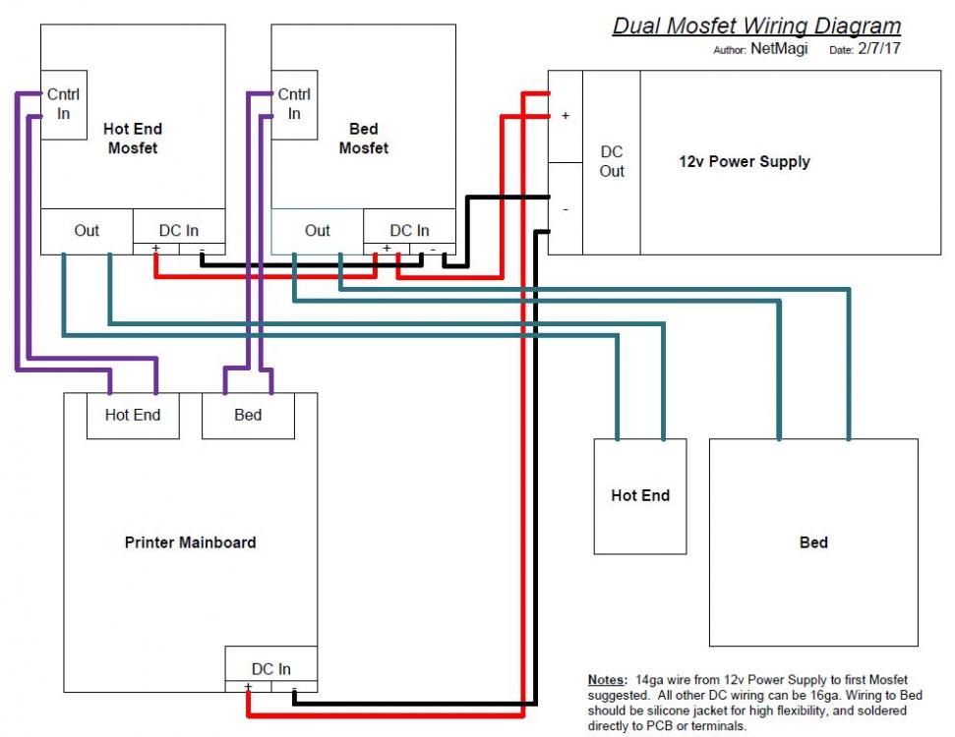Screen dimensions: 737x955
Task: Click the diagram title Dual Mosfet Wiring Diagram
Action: tap(756, 26)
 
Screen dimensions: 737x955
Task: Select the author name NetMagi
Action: tap(779, 49)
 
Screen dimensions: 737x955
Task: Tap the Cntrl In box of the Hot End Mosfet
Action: tap(64, 104)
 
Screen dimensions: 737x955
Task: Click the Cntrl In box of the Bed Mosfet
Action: tap(294, 104)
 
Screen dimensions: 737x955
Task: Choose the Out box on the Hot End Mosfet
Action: tap(87, 230)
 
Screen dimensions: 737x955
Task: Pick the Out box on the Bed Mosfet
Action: tap(317, 230)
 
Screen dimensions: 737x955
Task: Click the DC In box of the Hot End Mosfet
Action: tap(178, 230)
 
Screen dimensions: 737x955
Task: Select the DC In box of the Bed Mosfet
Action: tap(409, 230)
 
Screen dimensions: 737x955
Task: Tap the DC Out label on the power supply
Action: tap(612, 161)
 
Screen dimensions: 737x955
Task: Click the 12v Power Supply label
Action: tap(745, 161)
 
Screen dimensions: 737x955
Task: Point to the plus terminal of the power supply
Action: tap(565, 116)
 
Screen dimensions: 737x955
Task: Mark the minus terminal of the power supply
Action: tap(565, 208)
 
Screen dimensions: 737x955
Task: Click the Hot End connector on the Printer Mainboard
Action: tap(133, 415)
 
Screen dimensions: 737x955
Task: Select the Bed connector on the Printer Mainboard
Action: tap(248, 415)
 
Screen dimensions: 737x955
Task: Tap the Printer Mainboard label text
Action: tap(190, 541)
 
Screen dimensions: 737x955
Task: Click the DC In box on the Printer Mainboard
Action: tap(270, 668)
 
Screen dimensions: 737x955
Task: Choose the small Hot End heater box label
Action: tap(640, 495)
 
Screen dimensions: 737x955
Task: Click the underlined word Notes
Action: tap(605, 679)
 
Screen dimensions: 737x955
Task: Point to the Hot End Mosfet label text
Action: tap(132, 139)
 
